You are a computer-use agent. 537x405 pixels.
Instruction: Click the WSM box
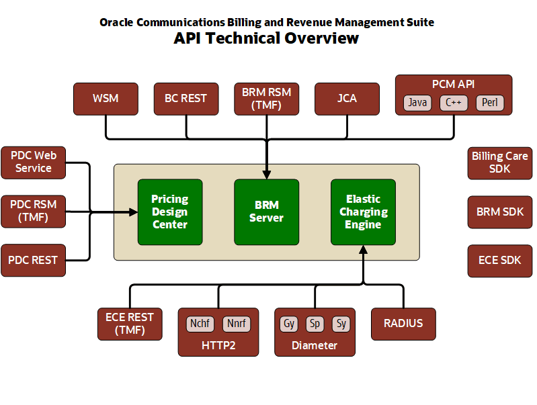[x=106, y=99]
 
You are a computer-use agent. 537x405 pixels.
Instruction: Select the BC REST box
[x=185, y=99]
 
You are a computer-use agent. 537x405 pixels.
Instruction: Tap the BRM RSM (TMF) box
[x=266, y=99]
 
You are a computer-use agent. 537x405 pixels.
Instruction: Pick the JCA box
[x=347, y=99]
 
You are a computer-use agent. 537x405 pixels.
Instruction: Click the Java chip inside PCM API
[x=417, y=103]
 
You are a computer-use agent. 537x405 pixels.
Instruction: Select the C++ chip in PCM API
[x=454, y=103]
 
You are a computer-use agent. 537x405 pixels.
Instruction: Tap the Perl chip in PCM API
[x=489, y=103]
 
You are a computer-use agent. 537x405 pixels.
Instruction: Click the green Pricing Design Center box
[x=170, y=212]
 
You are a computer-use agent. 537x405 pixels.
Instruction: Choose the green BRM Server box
[x=266, y=212]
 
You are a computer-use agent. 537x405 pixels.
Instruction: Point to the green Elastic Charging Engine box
[x=363, y=212]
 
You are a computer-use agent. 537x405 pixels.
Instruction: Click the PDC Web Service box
[x=33, y=162]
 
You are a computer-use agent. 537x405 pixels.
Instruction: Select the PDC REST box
[x=33, y=260]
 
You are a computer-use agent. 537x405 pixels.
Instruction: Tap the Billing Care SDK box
[x=499, y=163]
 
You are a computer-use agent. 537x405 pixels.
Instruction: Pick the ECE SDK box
[x=499, y=261]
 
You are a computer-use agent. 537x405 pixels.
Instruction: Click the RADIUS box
[x=403, y=324]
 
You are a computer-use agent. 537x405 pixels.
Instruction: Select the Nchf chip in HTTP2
[x=200, y=324]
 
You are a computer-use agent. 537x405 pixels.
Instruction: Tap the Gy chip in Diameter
[x=289, y=324]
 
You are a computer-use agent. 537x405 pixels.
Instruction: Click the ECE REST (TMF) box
[x=130, y=324]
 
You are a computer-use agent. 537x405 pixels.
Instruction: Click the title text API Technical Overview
[x=266, y=38]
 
